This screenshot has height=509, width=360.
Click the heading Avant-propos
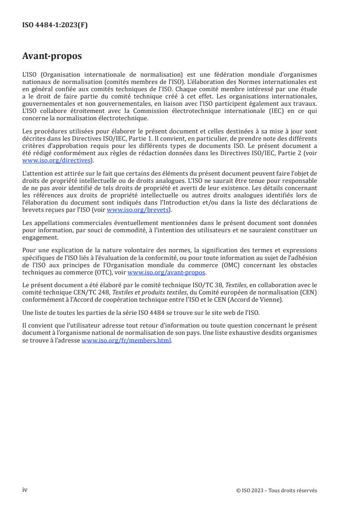[52, 56]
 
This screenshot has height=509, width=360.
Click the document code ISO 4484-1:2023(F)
[55, 25]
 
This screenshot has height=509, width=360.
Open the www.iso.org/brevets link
[138, 210]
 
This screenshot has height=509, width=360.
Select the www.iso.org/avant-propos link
[167, 273]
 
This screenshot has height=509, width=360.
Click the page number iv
[25, 490]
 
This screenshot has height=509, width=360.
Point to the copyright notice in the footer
[277, 490]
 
